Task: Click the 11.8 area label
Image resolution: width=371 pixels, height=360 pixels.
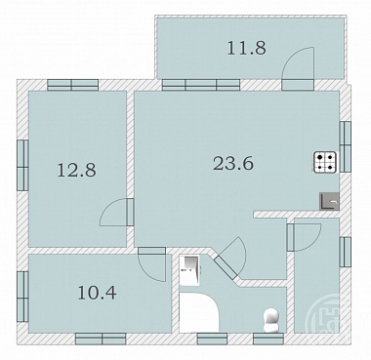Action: pos(246,48)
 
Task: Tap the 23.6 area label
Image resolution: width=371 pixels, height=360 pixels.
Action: pos(233,163)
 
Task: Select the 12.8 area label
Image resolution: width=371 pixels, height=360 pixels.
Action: pos(77,170)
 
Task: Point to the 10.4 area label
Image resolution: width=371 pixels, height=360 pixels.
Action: pos(97,293)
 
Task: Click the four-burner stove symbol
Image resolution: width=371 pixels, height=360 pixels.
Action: pos(325,162)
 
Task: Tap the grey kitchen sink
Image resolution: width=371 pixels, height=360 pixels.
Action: pos(329,201)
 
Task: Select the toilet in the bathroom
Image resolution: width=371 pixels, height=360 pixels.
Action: pos(271,320)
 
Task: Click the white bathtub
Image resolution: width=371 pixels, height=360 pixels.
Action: pos(199,312)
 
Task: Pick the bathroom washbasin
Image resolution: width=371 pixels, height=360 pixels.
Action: pos(189,270)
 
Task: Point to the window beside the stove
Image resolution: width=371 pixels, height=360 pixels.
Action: pos(346,146)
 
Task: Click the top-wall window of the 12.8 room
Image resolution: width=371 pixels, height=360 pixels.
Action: pos(72,85)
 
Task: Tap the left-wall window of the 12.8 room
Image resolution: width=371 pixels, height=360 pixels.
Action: pos(22,165)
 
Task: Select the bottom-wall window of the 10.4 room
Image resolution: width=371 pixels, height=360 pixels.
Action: pos(101,339)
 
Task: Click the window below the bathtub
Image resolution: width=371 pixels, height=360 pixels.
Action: pos(212,339)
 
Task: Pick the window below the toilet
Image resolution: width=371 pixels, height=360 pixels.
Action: pos(268,339)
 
